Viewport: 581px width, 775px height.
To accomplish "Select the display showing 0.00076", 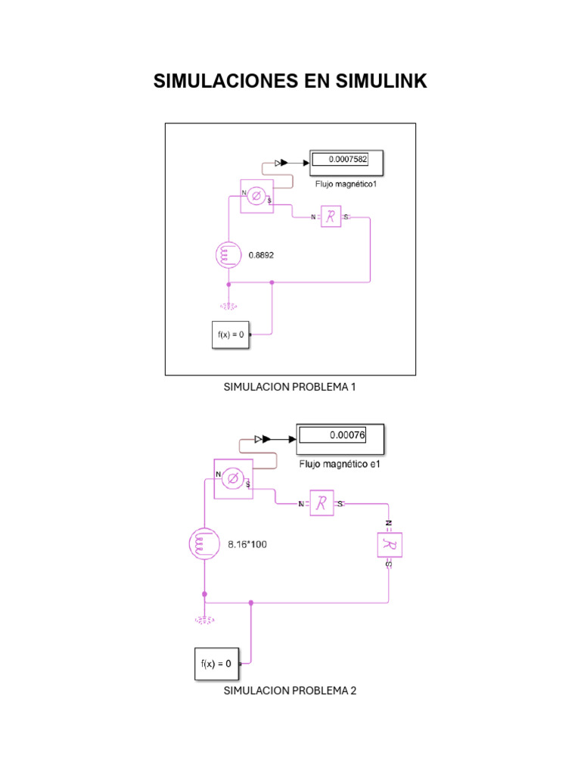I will tap(341, 436).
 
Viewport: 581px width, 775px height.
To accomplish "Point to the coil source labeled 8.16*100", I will tap(204, 543).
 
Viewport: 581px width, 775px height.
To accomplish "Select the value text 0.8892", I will tap(261, 255).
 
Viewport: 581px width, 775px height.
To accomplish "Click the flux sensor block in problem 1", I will tap(256, 197).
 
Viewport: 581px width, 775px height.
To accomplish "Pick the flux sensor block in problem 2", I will tap(234, 479).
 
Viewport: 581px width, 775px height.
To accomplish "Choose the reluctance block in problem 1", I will tap(331, 217).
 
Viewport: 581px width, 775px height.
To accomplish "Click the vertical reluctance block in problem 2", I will tap(389, 545).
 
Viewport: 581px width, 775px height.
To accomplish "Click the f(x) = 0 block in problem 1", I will tap(230, 335).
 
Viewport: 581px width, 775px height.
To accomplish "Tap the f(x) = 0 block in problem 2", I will tap(214, 664).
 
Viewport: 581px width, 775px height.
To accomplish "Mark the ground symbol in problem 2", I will tap(204, 618).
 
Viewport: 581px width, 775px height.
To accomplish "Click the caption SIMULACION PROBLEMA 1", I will tap(290, 387).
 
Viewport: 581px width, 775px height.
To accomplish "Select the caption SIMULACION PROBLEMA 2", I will tap(290, 690).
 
